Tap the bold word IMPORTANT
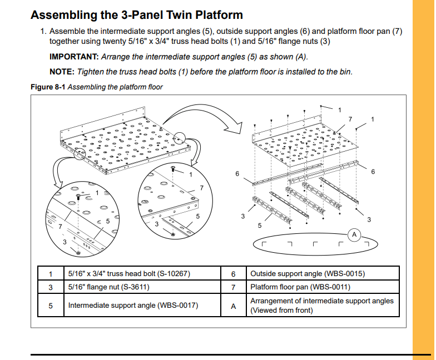pyautogui.click(x=73, y=57)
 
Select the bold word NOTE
pyautogui.click(x=61, y=72)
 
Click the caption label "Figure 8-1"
pyautogui.click(x=48, y=87)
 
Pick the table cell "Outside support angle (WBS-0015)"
pyautogui.click(x=308, y=273)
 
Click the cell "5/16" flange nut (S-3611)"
pyautogui.click(x=108, y=287)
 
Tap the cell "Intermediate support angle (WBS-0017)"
pyautogui.click(x=133, y=306)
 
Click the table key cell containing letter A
pyautogui.click(x=234, y=306)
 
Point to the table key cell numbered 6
pyautogui.click(x=234, y=273)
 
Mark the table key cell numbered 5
pyautogui.click(x=51, y=306)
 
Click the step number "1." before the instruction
pyautogui.click(x=43, y=32)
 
